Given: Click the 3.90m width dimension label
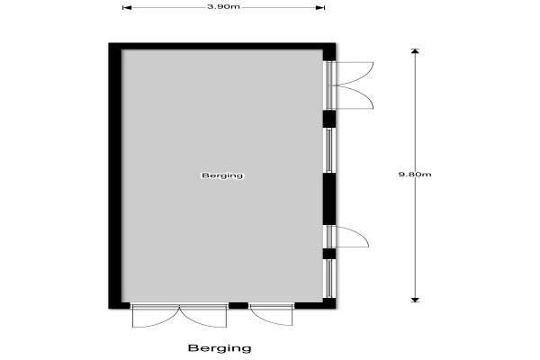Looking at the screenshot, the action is point(223,6).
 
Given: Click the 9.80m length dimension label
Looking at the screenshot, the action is point(415,175).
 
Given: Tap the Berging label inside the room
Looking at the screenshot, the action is point(222,175).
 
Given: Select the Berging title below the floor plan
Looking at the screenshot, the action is point(220,348).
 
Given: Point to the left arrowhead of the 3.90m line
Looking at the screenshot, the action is point(127,7).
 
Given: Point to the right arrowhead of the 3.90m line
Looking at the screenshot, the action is point(320,7).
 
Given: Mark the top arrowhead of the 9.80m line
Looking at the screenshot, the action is point(415,51).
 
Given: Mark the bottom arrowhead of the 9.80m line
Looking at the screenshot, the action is point(415,300).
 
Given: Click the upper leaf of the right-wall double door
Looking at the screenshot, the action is point(355,73).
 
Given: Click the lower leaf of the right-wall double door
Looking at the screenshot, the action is point(355,97).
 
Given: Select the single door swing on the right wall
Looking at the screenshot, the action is point(352,237).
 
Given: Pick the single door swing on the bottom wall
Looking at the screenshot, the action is point(272,315).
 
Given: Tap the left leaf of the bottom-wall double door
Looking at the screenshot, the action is point(156,316).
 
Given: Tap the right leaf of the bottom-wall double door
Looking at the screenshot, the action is point(203,316).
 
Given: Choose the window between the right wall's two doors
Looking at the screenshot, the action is point(328,150).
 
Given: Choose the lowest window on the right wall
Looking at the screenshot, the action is point(328,278).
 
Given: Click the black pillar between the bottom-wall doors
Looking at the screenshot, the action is point(238,305).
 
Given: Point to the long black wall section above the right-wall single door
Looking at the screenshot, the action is point(328,199).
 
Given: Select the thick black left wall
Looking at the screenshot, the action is point(115,175).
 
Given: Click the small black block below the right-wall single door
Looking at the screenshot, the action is point(328,254).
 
